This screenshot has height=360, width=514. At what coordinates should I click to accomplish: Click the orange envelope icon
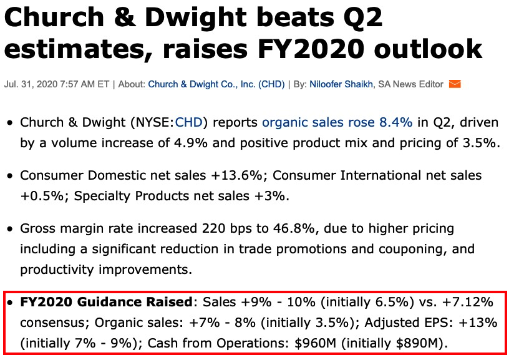(x=455, y=84)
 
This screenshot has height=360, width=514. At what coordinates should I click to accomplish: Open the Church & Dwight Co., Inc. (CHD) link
(x=216, y=84)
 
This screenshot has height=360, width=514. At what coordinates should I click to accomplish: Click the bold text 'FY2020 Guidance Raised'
(x=105, y=303)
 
